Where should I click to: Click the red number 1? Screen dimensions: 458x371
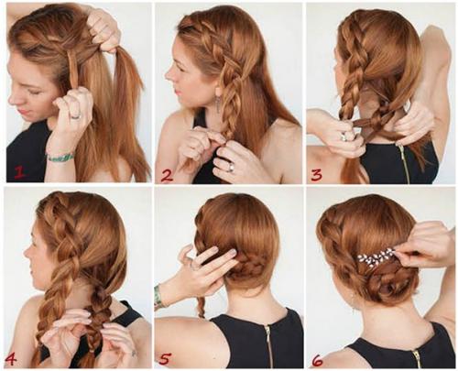click(19, 173)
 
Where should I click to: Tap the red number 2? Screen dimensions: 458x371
click(167, 176)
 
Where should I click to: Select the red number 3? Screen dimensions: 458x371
click(316, 175)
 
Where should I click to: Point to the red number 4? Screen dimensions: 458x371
click(10, 360)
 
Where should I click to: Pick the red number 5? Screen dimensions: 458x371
click(164, 359)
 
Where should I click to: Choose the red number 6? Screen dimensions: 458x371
click(317, 362)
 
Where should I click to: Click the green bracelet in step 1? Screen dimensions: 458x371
click(60, 157)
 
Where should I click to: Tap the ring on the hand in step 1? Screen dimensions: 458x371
click(76, 116)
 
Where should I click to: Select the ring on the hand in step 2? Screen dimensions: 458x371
click(231, 167)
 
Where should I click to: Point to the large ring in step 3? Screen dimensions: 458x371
click(345, 136)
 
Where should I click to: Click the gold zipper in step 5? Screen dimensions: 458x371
click(268, 346)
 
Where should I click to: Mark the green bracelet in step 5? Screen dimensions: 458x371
click(158, 297)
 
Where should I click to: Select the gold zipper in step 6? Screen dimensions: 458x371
click(417, 358)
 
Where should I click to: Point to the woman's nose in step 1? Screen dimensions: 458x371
click(13, 98)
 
